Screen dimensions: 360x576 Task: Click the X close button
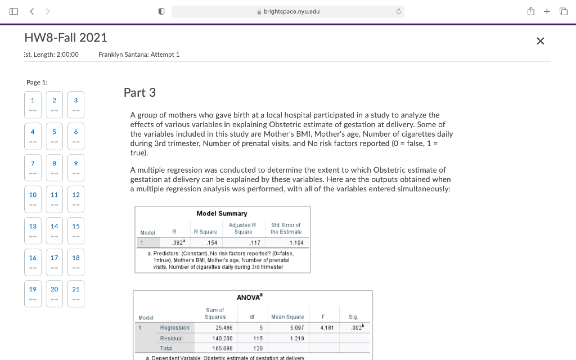pos(540,41)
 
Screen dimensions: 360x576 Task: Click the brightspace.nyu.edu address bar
pos(287,12)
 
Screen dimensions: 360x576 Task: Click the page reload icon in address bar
pos(398,12)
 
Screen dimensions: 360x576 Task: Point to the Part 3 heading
pos(139,92)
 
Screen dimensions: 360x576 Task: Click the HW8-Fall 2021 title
pos(66,38)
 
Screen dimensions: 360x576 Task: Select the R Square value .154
pos(212,242)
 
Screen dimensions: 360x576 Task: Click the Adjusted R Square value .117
pos(255,242)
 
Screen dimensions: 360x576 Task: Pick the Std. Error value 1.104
pos(296,242)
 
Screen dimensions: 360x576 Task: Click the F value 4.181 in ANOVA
pos(327,327)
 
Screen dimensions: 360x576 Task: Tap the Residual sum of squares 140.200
pos(220,339)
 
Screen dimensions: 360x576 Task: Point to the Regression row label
pos(175,327)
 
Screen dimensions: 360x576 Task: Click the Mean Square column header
pos(287,317)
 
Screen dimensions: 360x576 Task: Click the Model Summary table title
pos(222,214)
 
